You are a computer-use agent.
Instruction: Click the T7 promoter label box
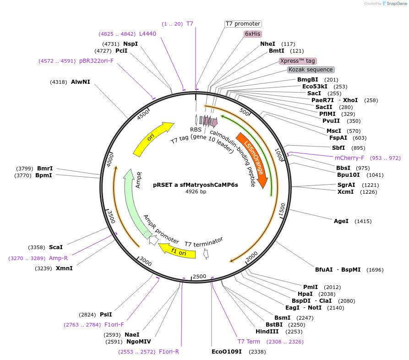tap(243, 24)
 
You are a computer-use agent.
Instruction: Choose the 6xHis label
tap(253, 34)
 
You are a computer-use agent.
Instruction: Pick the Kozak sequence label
tap(311, 70)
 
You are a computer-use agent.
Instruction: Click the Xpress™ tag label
tap(298, 61)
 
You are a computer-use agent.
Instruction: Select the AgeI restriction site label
tap(341, 221)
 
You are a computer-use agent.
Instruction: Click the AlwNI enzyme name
tap(81, 82)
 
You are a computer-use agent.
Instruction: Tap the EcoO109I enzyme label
tap(226, 352)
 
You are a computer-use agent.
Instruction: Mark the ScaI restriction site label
tap(56, 247)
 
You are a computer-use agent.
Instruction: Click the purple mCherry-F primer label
tap(349, 158)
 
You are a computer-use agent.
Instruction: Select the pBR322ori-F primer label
tap(96, 60)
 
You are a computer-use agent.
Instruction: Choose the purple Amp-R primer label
tap(58, 258)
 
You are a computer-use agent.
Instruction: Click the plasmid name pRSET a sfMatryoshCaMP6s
tap(196, 185)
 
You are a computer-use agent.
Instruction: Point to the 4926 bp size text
tap(196, 191)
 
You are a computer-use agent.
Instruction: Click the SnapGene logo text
tap(395, 4)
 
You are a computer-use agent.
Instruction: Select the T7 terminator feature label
tap(204, 241)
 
